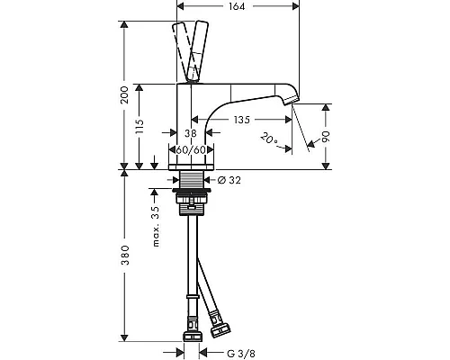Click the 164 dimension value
point(237,6)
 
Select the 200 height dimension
point(124,94)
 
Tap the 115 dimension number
point(139,127)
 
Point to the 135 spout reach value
point(242,120)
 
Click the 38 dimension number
point(191,133)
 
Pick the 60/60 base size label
point(191,149)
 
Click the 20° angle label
point(269,139)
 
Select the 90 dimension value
point(326,137)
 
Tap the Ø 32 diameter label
point(229,180)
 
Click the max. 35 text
point(156,227)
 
